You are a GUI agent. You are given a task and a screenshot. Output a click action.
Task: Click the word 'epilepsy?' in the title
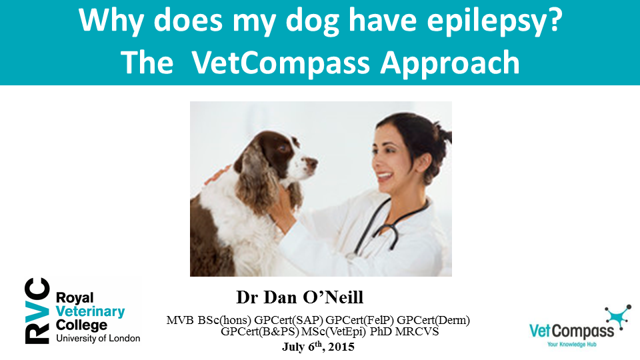click(x=495, y=21)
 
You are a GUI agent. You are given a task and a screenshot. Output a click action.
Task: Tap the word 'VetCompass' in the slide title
click(x=281, y=63)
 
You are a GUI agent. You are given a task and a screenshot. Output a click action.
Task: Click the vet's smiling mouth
click(x=385, y=177)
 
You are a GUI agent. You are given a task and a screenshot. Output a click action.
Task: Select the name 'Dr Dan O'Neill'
click(x=299, y=297)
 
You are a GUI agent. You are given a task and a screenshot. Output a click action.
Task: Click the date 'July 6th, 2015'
click(x=319, y=347)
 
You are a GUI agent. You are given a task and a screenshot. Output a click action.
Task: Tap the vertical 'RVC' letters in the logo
click(x=37, y=311)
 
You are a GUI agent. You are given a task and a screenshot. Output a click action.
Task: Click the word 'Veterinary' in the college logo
click(x=90, y=311)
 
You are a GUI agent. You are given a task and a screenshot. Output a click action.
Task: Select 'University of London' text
click(x=98, y=339)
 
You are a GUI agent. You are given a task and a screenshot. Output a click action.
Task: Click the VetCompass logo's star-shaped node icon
click(x=617, y=315)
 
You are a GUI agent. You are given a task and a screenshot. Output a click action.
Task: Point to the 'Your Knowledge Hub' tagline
click(x=572, y=345)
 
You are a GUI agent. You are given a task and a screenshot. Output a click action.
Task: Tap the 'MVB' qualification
click(x=180, y=320)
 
